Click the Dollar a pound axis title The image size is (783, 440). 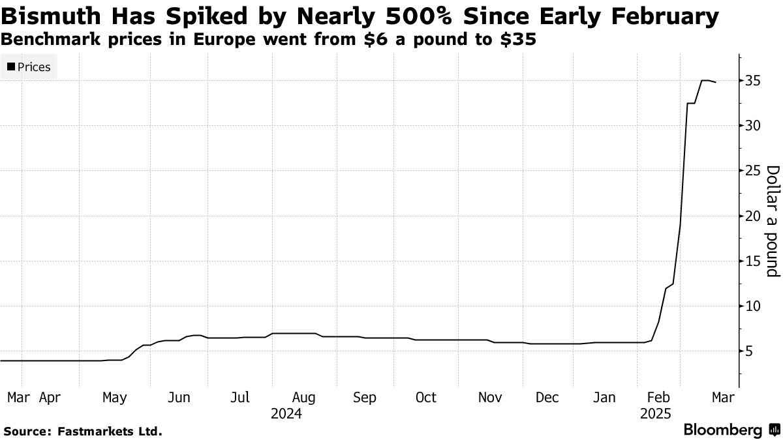772,221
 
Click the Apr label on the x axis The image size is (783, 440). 51,397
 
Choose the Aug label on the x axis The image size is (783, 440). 303,397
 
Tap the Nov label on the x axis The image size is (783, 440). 489,397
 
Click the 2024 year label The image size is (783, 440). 286,413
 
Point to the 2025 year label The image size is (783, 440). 656,413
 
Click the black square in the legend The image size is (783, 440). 10,66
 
